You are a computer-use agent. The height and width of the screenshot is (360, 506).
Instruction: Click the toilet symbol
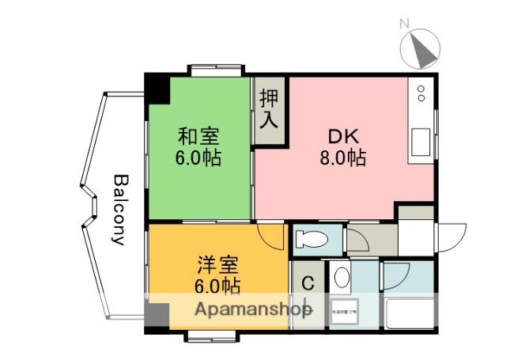(315, 238)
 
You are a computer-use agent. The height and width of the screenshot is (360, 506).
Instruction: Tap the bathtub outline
(409, 314)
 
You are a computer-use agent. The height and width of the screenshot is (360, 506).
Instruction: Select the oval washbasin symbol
(342, 278)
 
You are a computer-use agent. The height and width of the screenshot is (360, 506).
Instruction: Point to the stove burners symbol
(421, 93)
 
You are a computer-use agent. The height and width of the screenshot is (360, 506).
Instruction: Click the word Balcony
(119, 210)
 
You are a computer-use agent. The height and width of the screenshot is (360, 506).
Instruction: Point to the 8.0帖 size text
(342, 157)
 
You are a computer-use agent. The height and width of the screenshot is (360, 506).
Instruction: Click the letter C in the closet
(308, 284)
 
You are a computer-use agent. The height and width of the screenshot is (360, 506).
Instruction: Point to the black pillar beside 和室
(158, 89)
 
